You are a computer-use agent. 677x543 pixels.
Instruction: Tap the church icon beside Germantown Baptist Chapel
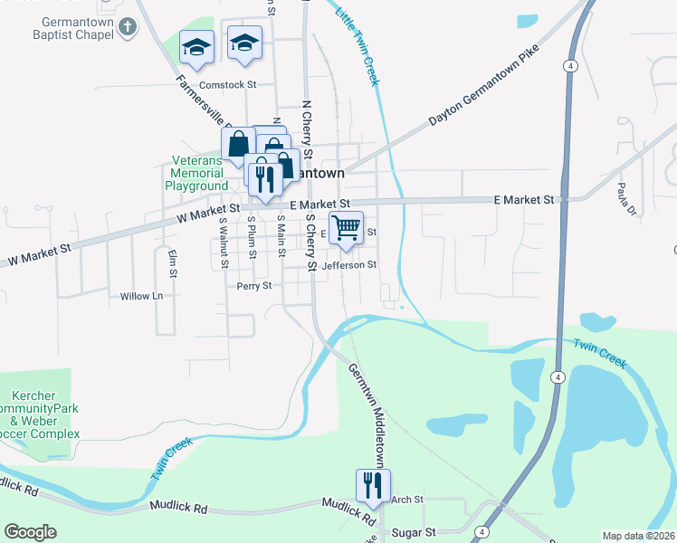click(x=128, y=26)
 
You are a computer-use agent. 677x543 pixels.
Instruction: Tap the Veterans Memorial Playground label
click(x=195, y=173)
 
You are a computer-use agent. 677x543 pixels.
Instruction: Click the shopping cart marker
click(x=346, y=228)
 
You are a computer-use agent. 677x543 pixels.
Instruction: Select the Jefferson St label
click(x=348, y=265)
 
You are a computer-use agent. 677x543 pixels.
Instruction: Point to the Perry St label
click(x=254, y=286)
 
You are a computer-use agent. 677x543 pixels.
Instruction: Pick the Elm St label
click(x=171, y=261)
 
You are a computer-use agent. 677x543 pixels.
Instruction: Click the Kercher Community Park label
click(x=40, y=414)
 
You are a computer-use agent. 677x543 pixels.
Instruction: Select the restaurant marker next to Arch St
click(x=373, y=486)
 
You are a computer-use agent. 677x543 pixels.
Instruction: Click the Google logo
click(x=30, y=532)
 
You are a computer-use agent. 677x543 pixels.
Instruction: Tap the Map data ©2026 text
click(x=638, y=536)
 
